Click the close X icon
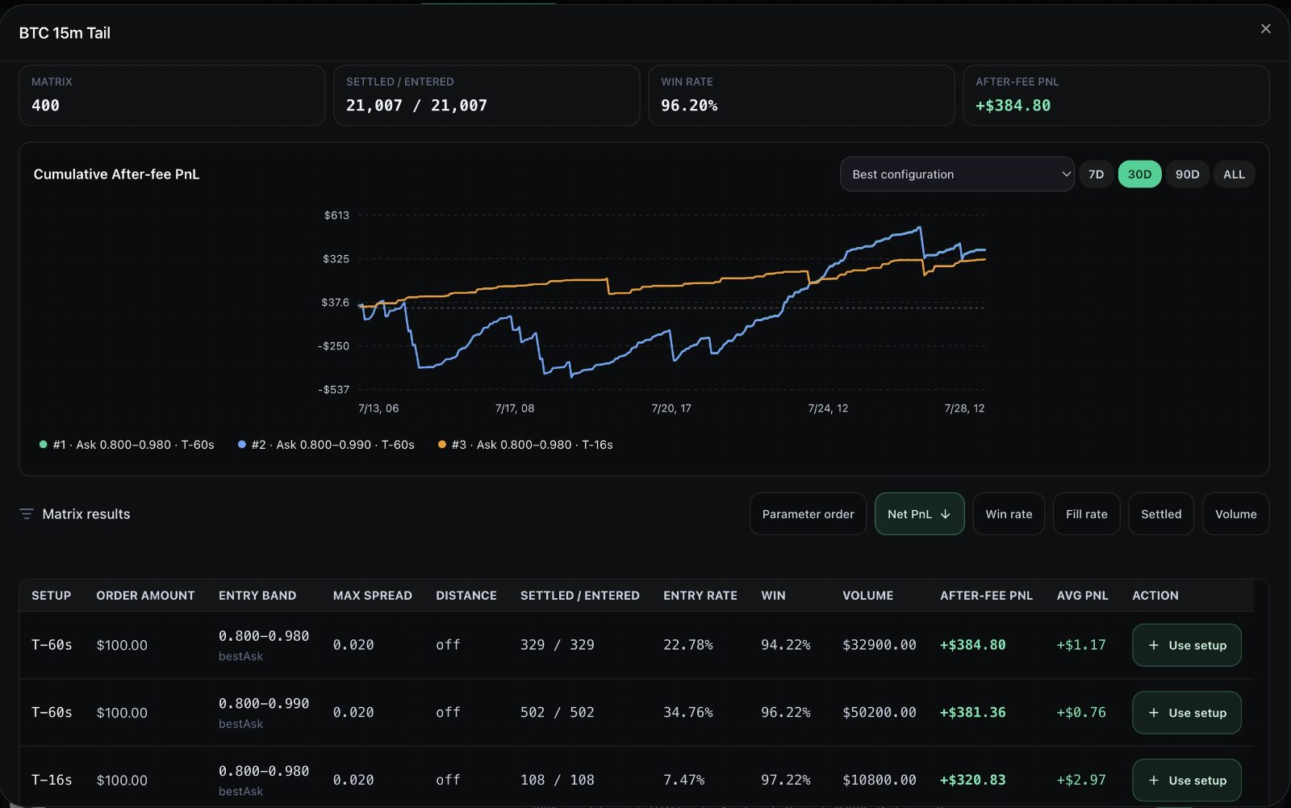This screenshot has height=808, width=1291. click(1265, 29)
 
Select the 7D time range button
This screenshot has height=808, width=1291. click(1096, 174)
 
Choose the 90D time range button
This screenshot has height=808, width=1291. click(1187, 174)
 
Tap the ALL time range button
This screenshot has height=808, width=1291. click(1234, 174)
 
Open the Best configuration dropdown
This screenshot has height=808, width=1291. click(957, 174)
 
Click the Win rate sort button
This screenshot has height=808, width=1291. click(1009, 514)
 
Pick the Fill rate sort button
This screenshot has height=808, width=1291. click(1086, 514)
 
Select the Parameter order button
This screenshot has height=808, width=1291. click(808, 514)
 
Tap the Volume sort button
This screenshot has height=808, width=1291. click(1235, 514)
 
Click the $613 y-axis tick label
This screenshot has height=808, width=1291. click(336, 216)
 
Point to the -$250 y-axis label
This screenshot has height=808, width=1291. click(334, 346)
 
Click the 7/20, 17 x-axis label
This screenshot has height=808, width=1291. click(671, 408)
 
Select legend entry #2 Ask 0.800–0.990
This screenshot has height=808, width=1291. click(326, 445)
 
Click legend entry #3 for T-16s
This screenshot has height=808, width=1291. click(525, 445)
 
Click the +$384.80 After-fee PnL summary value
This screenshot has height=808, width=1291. click(1013, 106)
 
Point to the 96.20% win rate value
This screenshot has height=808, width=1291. click(689, 106)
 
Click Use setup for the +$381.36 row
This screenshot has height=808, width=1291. click(1187, 713)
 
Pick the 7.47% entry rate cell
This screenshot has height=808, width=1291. click(683, 781)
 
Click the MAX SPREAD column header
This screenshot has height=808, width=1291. click(372, 595)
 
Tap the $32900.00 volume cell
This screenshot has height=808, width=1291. click(879, 645)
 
